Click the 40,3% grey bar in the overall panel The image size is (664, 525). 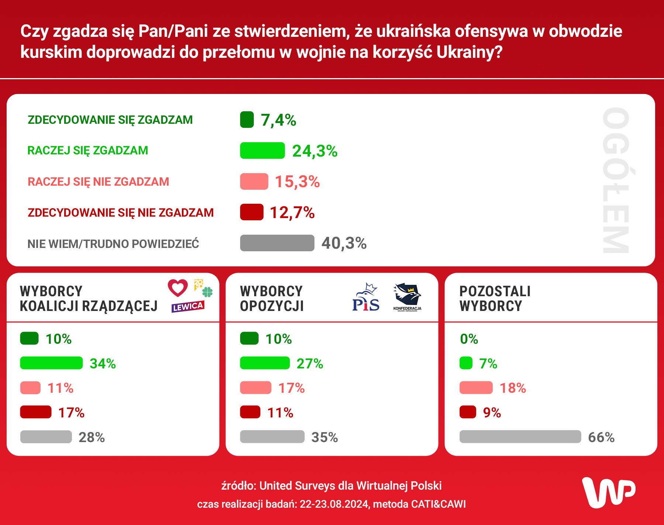coord(277,243)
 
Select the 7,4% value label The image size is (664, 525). coord(278,120)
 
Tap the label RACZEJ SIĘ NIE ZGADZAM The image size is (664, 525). coord(98,182)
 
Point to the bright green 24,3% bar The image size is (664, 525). coord(262,151)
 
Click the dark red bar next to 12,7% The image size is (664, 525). coord(252,212)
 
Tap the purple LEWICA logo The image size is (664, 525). coord(188,307)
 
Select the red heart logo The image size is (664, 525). coord(178,288)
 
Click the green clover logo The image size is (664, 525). coord(207,292)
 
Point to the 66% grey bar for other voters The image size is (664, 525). coord(520,437)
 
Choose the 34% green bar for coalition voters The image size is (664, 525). coord(51,363)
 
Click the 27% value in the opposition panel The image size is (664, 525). coord(310,364)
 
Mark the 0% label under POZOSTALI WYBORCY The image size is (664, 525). coord(469,339)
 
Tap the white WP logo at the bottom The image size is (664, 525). coord(609,493)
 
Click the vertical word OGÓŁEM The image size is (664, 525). coord(616,180)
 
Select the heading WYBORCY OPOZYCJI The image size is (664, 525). coord(272,299)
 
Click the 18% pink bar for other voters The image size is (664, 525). coord(476,388)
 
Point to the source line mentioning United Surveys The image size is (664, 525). coord(331,486)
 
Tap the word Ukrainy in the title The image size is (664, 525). coord(469,52)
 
